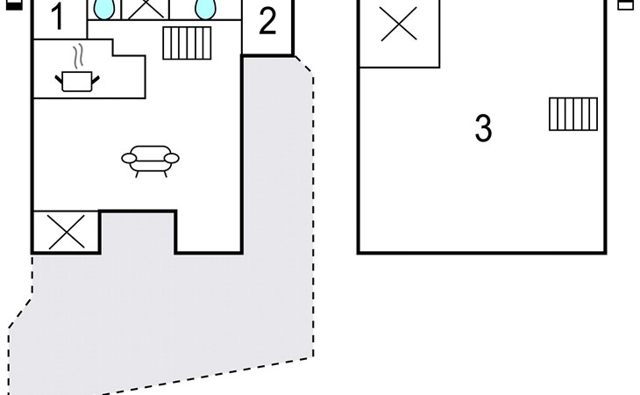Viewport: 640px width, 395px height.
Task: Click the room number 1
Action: (x=58, y=18)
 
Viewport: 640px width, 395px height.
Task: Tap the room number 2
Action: (x=267, y=21)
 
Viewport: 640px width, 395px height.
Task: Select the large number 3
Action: (x=484, y=128)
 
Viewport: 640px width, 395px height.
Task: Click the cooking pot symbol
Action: (x=77, y=81)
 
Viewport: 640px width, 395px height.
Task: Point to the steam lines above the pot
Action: (x=78, y=57)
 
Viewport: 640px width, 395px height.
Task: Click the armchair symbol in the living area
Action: (x=150, y=161)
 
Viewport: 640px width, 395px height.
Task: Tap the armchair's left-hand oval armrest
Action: (x=129, y=158)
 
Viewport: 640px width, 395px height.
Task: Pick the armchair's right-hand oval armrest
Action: (x=172, y=158)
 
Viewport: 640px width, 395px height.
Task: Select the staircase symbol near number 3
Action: (x=573, y=114)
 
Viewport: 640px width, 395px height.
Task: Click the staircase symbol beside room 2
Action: (x=187, y=43)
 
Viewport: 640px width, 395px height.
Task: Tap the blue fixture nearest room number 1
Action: (x=104, y=9)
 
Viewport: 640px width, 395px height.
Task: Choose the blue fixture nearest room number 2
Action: (x=206, y=9)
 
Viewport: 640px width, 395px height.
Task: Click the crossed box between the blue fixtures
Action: (x=146, y=10)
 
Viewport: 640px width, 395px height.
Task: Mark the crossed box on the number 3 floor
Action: (x=399, y=32)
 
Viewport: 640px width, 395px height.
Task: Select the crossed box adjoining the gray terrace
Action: (x=66, y=232)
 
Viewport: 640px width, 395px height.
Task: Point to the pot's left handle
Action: (x=60, y=79)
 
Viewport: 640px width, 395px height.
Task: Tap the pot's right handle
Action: (x=96, y=79)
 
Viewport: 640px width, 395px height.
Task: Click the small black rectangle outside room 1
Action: (x=15, y=5)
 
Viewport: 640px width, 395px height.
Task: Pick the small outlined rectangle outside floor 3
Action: (x=626, y=5)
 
